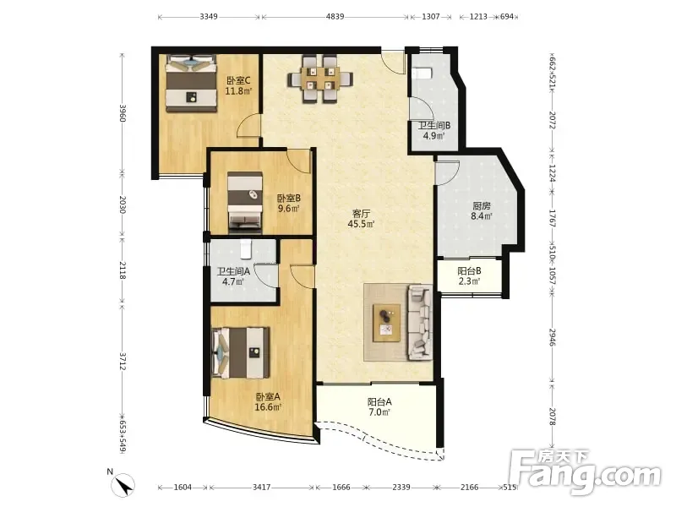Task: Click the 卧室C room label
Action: click(x=238, y=80)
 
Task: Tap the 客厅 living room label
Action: click(x=362, y=214)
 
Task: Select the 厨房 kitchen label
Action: click(x=482, y=205)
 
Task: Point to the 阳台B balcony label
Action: click(x=469, y=271)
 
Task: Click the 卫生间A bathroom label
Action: click(x=233, y=271)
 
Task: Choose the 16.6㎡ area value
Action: click(x=268, y=407)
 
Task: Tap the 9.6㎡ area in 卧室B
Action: click(x=288, y=209)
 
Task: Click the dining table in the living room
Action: click(x=320, y=79)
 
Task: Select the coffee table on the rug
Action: click(x=387, y=323)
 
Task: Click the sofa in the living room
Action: click(x=420, y=322)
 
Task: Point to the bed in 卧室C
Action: click(x=191, y=83)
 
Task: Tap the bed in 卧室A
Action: click(x=241, y=352)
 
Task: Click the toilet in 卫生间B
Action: click(x=422, y=73)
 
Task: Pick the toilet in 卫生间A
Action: click(x=245, y=248)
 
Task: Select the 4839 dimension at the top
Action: click(x=335, y=17)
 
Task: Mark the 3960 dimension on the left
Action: click(x=123, y=113)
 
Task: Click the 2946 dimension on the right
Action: click(x=553, y=337)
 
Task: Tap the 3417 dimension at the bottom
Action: click(x=261, y=488)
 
